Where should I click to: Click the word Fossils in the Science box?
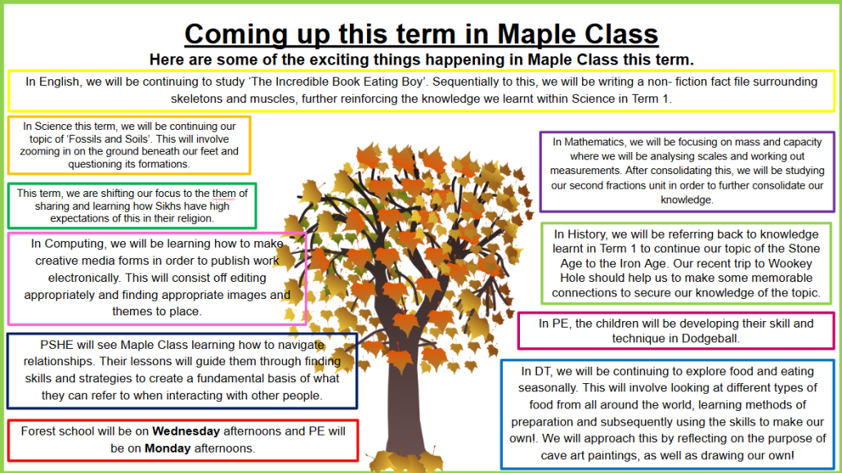point(104,139)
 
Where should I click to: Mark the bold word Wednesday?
point(186,431)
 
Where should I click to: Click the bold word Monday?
point(168,448)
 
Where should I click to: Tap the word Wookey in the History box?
point(790,264)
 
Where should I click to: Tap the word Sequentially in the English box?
point(464,83)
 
